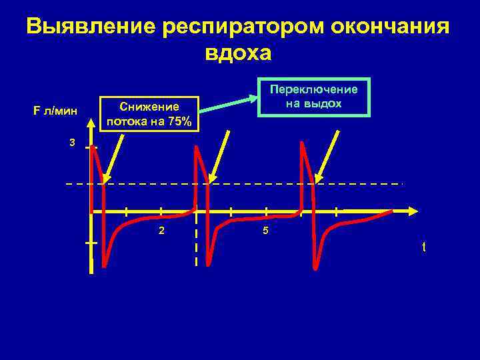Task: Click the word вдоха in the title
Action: pyautogui.click(x=239, y=53)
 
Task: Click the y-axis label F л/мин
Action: pyautogui.click(x=55, y=111)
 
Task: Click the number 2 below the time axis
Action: pyautogui.click(x=161, y=231)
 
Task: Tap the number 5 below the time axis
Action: pyautogui.click(x=265, y=231)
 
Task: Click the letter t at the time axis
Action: pyautogui.click(x=423, y=247)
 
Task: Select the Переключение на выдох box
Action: pyautogui.click(x=314, y=97)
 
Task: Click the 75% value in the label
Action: pyautogui.click(x=179, y=121)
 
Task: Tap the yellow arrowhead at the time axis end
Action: pyautogui.click(x=413, y=211)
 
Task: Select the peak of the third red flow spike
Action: pyautogui.click(x=303, y=145)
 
